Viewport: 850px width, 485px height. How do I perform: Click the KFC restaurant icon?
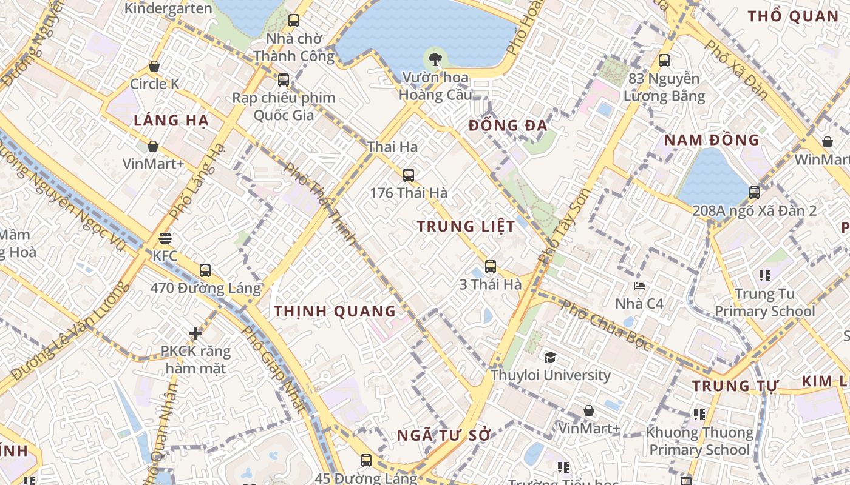[165, 238]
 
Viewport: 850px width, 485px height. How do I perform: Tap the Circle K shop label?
[155, 84]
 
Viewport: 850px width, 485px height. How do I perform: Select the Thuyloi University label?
[551, 375]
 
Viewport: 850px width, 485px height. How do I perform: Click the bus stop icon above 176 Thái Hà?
[409, 175]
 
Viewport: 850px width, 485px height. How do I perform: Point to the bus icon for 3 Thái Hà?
[491, 266]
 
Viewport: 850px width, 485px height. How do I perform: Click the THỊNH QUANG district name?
[335, 312]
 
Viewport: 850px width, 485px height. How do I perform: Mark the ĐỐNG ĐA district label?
[508, 126]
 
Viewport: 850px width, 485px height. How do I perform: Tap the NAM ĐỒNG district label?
[711, 140]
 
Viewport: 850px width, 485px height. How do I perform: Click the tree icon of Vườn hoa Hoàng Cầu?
[435, 59]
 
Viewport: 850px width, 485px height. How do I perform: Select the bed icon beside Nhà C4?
[639, 286]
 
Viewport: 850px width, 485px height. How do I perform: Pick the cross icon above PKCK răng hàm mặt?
[195, 333]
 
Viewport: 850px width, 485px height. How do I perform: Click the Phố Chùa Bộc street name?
[607, 326]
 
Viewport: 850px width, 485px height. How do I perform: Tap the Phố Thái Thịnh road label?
[320, 203]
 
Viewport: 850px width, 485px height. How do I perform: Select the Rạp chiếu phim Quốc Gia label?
[284, 106]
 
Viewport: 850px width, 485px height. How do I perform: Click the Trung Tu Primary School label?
[764, 303]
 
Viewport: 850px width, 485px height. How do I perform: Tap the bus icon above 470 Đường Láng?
[205, 270]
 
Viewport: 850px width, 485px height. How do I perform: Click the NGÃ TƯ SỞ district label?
[443, 435]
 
